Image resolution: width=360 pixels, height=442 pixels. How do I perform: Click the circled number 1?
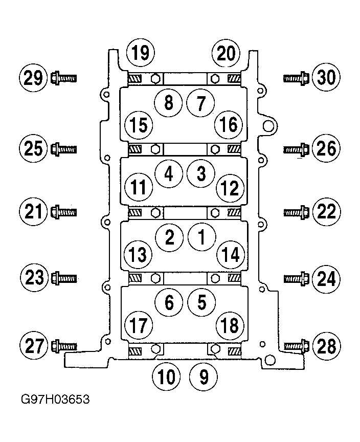201,237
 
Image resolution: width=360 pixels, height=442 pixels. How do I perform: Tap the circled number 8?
168,102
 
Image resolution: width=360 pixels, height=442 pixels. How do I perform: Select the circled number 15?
139,125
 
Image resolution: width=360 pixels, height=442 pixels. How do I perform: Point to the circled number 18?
230,325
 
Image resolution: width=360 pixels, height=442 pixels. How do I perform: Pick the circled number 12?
230,188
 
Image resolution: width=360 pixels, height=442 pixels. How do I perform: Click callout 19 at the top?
141,53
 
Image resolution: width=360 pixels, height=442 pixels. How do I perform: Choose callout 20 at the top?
226,53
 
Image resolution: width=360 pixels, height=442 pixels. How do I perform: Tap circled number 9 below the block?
204,377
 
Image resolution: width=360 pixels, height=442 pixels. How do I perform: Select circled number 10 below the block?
166,377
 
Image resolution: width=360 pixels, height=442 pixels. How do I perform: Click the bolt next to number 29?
63,78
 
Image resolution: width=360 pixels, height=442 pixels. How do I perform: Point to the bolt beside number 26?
296,149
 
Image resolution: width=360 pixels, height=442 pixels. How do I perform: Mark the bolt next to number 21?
63,212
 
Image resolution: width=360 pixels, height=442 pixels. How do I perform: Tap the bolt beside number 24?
297,279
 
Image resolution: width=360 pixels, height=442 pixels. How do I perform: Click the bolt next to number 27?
64,346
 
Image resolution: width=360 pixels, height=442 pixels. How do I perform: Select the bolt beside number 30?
296,78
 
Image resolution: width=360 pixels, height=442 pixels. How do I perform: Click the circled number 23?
34,277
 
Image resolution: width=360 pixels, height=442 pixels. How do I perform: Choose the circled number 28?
326,346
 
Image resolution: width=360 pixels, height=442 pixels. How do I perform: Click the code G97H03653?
56,399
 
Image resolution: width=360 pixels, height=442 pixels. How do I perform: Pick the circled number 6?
169,302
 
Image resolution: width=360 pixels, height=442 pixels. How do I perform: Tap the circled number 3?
201,173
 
